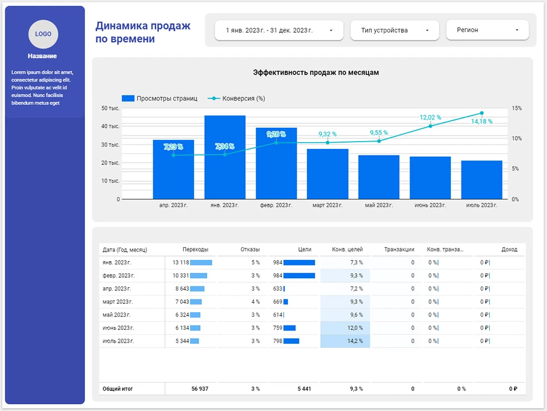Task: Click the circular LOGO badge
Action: point(43,34)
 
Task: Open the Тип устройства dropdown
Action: point(395,31)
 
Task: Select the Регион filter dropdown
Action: point(487,31)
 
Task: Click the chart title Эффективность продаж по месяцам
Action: point(316,73)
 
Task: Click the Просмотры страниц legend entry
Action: point(160,98)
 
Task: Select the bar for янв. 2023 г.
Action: point(225,157)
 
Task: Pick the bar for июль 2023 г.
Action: point(482,179)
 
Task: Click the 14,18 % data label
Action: point(482,122)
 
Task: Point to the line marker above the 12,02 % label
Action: point(430,126)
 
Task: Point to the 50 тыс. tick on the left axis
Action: point(111,108)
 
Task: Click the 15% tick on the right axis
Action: point(516,108)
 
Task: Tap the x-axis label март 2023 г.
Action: point(327,205)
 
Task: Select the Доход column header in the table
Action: point(509,250)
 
